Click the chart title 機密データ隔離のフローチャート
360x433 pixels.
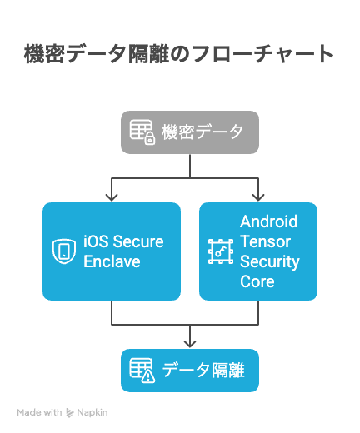[x=179, y=54]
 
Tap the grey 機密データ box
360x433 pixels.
[x=190, y=132]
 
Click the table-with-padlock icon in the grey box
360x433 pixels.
[x=142, y=132]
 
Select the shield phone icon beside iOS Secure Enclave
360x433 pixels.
[x=64, y=251]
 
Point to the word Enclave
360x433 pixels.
[x=112, y=261]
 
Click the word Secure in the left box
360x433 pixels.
[x=138, y=241]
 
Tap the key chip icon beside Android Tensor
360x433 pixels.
[x=221, y=251]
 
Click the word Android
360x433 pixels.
[x=269, y=221]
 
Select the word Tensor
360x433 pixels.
[x=266, y=241]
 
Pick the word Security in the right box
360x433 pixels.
[x=270, y=262]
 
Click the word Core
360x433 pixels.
[x=257, y=281]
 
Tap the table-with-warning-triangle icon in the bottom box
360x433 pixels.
[x=142, y=371]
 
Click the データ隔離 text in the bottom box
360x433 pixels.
[x=203, y=371]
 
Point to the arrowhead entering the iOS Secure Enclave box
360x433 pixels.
[x=112, y=197]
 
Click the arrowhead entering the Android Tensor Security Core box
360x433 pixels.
[x=258, y=197]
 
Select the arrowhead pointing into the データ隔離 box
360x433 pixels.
[x=190, y=344]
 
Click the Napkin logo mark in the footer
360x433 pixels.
[x=70, y=413]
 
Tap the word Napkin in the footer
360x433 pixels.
[x=92, y=412]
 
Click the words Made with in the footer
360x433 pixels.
[x=39, y=412]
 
